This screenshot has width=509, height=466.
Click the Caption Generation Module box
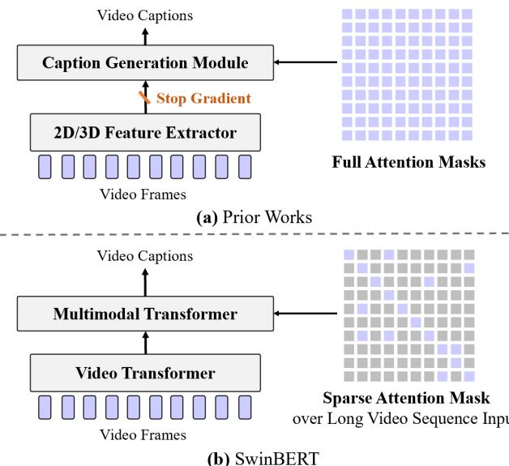(145, 62)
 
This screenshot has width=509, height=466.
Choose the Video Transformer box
(145, 374)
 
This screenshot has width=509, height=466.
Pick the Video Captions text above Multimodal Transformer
(146, 255)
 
